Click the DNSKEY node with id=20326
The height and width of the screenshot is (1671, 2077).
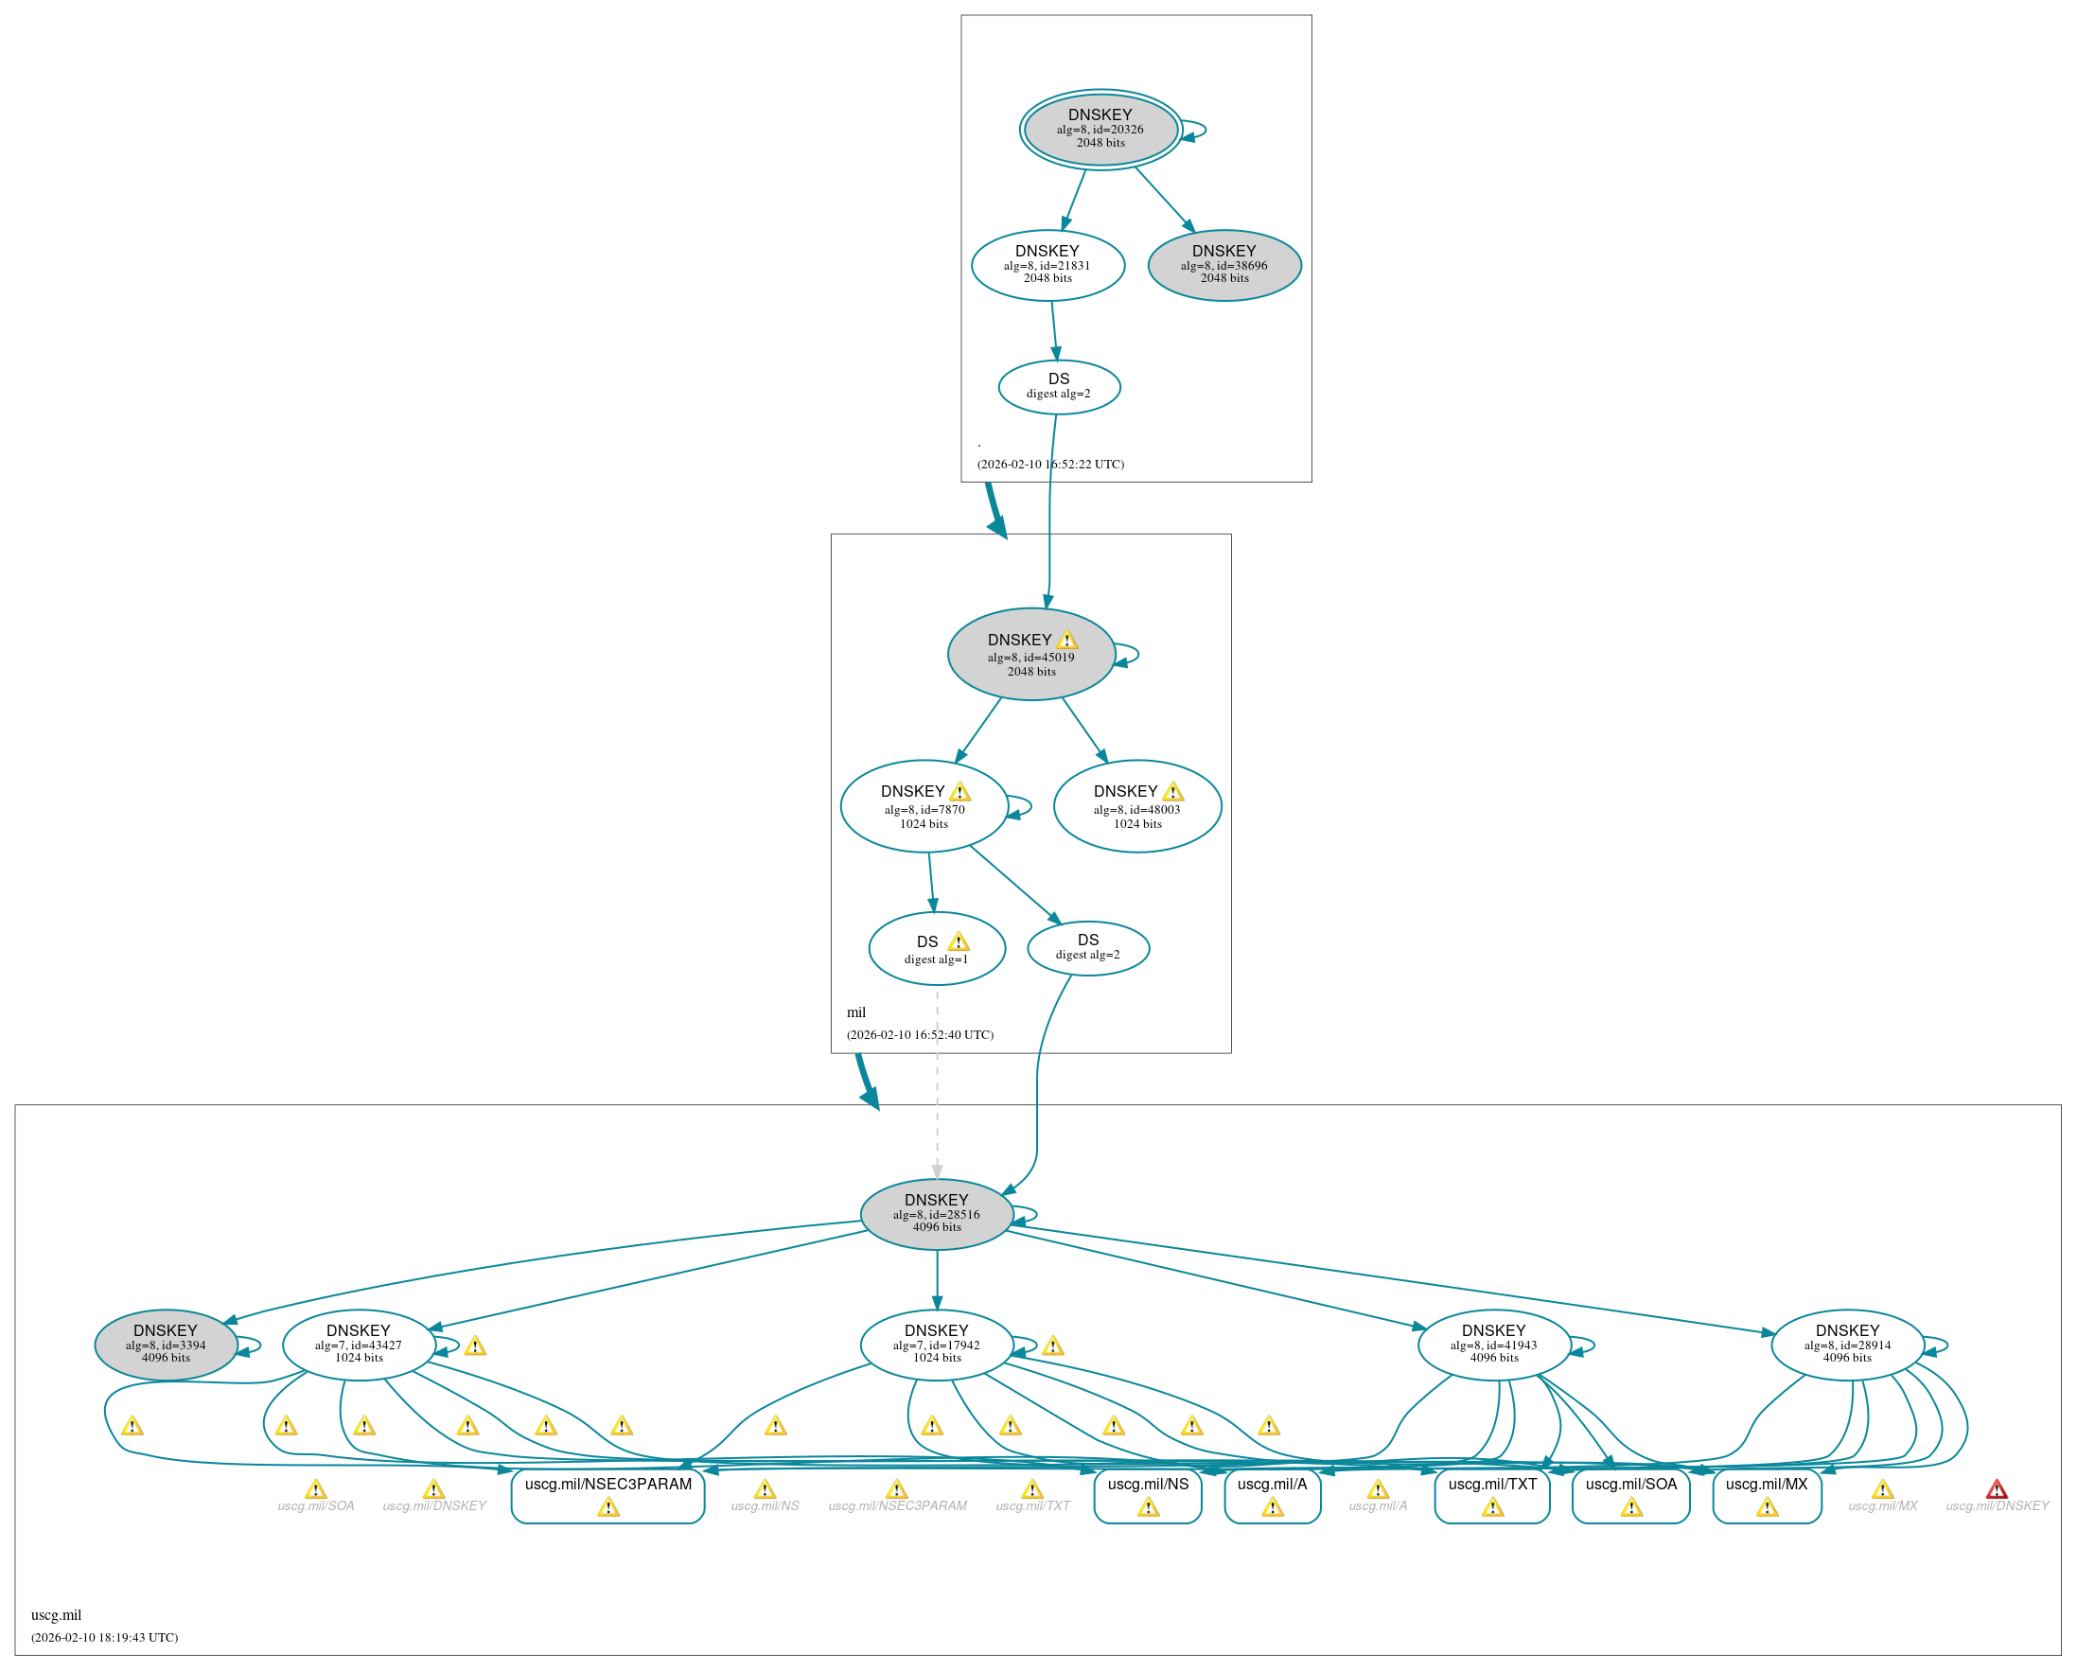1100,129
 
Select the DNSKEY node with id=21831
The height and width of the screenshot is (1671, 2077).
1047,265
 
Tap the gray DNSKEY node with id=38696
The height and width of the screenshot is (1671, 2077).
1224,265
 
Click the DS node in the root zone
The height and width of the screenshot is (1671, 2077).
1059,386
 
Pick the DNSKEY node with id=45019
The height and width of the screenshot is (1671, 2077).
1030,654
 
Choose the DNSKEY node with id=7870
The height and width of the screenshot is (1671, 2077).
923,806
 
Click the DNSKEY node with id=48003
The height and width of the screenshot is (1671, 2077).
1136,806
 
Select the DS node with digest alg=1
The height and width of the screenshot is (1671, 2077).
937,949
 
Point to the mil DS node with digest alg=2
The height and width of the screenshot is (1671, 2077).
1087,948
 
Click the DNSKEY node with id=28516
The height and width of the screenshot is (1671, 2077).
937,1214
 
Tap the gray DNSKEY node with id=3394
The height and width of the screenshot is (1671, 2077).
166,1345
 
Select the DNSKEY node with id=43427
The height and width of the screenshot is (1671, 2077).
359,1345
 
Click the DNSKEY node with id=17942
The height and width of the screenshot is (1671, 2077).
937,1345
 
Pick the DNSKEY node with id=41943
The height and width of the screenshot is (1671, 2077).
1493,1345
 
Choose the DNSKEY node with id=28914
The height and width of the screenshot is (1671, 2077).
1847,1345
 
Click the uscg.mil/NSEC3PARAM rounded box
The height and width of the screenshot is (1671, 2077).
607,1495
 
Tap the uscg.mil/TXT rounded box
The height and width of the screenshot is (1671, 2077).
1492,1495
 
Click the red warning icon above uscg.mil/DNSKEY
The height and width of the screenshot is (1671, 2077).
1996,1489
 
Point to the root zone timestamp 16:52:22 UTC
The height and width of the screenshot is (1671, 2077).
1050,465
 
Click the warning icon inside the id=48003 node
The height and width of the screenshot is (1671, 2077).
1172,792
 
